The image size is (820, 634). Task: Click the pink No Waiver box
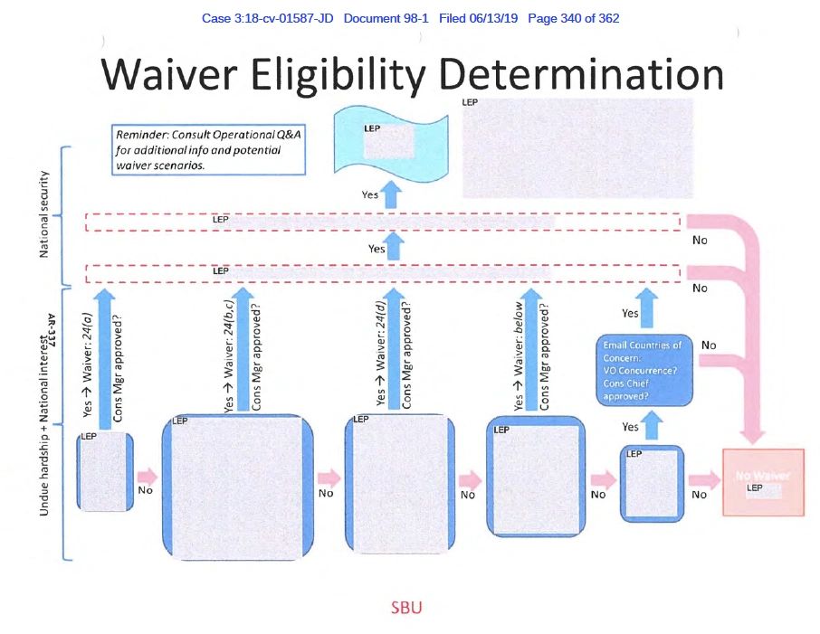tap(762, 482)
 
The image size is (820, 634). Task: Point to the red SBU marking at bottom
tap(405, 608)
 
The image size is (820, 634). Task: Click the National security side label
tap(44, 213)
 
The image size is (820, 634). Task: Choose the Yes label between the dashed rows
tap(377, 248)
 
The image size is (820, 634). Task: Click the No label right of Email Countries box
tap(709, 345)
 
